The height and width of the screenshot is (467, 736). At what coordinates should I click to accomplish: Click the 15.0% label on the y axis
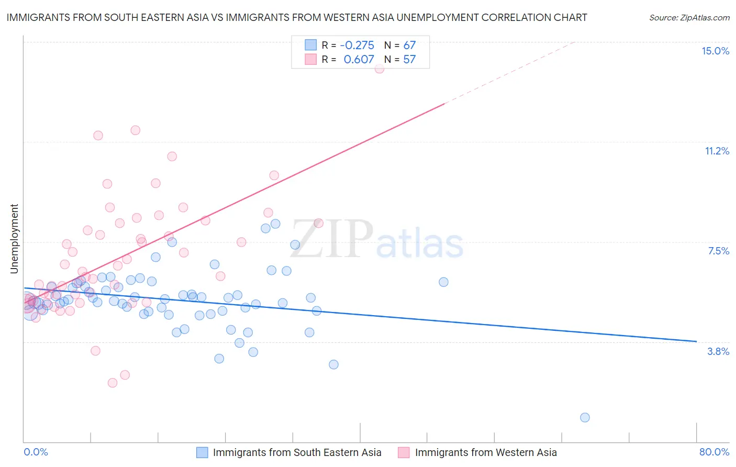tap(715, 51)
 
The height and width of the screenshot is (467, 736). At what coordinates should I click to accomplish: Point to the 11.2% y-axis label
tap(717, 151)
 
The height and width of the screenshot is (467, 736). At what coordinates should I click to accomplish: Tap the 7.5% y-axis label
tap(718, 251)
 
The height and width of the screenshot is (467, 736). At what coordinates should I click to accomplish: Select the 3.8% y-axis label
tap(718, 351)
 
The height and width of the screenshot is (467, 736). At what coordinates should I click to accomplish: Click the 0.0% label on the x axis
tap(36, 452)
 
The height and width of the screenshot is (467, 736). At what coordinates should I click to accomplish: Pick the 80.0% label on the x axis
tap(714, 452)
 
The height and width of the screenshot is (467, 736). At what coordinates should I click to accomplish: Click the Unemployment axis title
tap(14, 239)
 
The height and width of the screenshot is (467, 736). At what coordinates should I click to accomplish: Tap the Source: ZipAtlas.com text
tap(689, 17)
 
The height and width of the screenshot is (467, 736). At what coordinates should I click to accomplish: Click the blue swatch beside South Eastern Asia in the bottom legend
tap(202, 452)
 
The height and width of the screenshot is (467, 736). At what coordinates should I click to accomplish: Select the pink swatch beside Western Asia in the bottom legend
tap(404, 452)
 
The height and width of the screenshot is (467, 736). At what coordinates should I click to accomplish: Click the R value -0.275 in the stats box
tap(357, 45)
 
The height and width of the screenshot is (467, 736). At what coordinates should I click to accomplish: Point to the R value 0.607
tap(359, 60)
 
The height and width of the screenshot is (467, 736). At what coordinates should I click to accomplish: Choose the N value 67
tap(409, 45)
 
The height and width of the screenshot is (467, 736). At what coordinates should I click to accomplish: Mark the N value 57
tap(409, 60)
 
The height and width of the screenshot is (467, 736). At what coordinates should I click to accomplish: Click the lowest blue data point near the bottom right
tap(585, 417)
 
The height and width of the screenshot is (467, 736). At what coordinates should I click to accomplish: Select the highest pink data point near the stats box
tap(380, 69)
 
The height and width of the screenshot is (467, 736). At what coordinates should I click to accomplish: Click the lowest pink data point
tap(112, 383)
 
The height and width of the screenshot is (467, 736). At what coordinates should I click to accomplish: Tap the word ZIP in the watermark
tap(331, 239)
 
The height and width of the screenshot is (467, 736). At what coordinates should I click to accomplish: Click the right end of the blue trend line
tap(696, 341)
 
